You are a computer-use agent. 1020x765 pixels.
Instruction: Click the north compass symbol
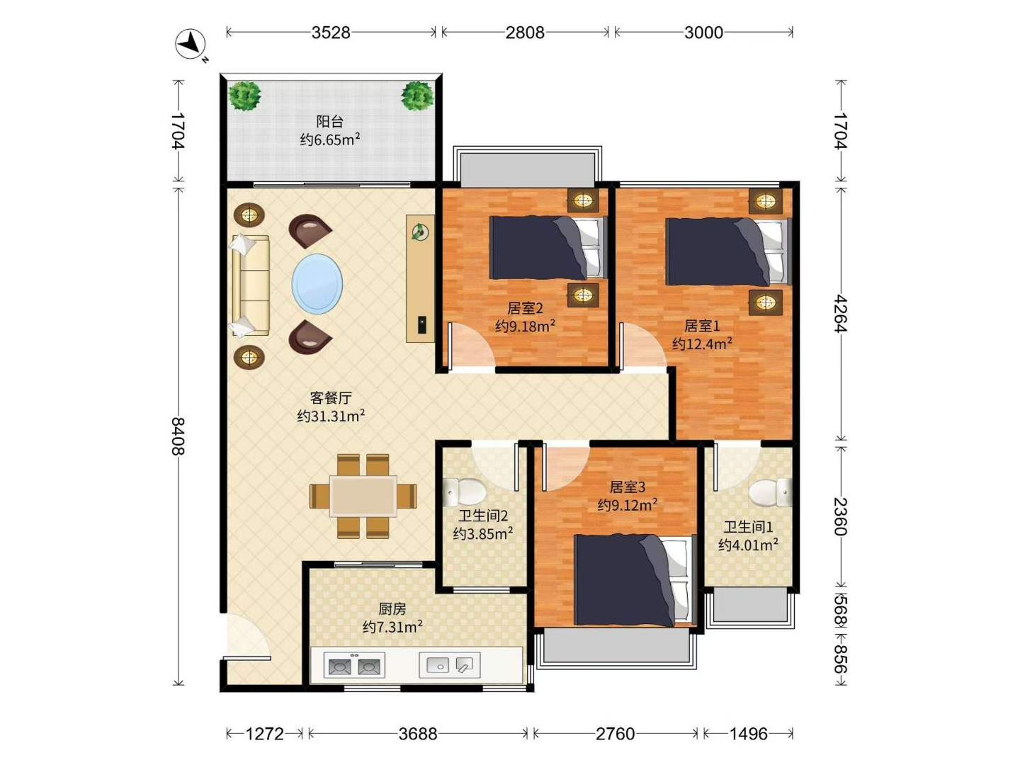[191, 44]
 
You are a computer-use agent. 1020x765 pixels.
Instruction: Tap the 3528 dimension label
[330, 33]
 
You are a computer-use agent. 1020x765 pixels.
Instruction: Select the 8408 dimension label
[178, 436]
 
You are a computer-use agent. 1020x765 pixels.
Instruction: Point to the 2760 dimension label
[616, 734]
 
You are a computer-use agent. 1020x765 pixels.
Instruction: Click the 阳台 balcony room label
[330, 122]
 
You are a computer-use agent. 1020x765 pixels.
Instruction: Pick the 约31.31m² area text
[331, 416]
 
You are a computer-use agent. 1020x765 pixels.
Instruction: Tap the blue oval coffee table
[317, 283]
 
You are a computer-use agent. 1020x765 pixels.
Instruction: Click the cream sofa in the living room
[251, 285]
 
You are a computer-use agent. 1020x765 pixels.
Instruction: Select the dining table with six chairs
[363, 496]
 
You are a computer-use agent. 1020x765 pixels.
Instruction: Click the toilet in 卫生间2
[464, 492]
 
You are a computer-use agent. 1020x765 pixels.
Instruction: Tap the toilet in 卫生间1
[770, 492]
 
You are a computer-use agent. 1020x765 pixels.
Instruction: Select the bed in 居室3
[635, 579]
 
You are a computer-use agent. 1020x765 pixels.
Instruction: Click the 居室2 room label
[525, 308]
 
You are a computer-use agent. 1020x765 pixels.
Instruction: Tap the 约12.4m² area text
[702, 344]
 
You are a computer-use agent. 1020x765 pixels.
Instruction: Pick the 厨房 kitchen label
[392, 608]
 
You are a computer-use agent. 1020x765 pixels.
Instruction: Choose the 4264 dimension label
[841, 313]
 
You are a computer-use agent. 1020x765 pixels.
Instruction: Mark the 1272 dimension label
[264, 734]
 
